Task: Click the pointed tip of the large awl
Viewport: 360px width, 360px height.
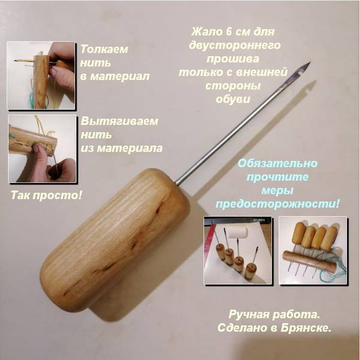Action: [310, 62]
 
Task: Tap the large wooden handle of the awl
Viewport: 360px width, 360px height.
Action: [115, 240]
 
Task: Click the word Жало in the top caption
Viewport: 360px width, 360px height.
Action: [205, 32]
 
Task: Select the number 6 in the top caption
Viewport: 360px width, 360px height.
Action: [229, 32]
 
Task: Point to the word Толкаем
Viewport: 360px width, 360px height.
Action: [104, 49]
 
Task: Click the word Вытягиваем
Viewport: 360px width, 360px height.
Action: [119, 121]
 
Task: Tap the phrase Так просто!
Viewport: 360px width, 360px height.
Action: [46, 196]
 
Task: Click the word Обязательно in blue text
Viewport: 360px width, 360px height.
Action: [277, 163]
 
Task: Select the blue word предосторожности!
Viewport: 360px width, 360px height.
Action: [277, 204]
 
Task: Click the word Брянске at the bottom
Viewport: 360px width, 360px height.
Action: [306, 328]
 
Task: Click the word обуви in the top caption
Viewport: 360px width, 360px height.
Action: [233, 100]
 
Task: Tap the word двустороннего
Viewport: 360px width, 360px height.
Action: [235, 45]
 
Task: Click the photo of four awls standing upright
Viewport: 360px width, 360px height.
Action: [238, 250]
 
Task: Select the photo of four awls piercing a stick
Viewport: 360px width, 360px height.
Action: [313, 250]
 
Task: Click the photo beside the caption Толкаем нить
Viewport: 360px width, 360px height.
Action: [41, 76]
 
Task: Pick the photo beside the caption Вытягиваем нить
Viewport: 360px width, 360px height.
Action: [42, 149]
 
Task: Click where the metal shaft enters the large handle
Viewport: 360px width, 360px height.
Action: [176, 183]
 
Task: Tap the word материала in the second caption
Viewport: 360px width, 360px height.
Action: [129, 149]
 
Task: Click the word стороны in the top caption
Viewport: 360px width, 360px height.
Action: [233, 86]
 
